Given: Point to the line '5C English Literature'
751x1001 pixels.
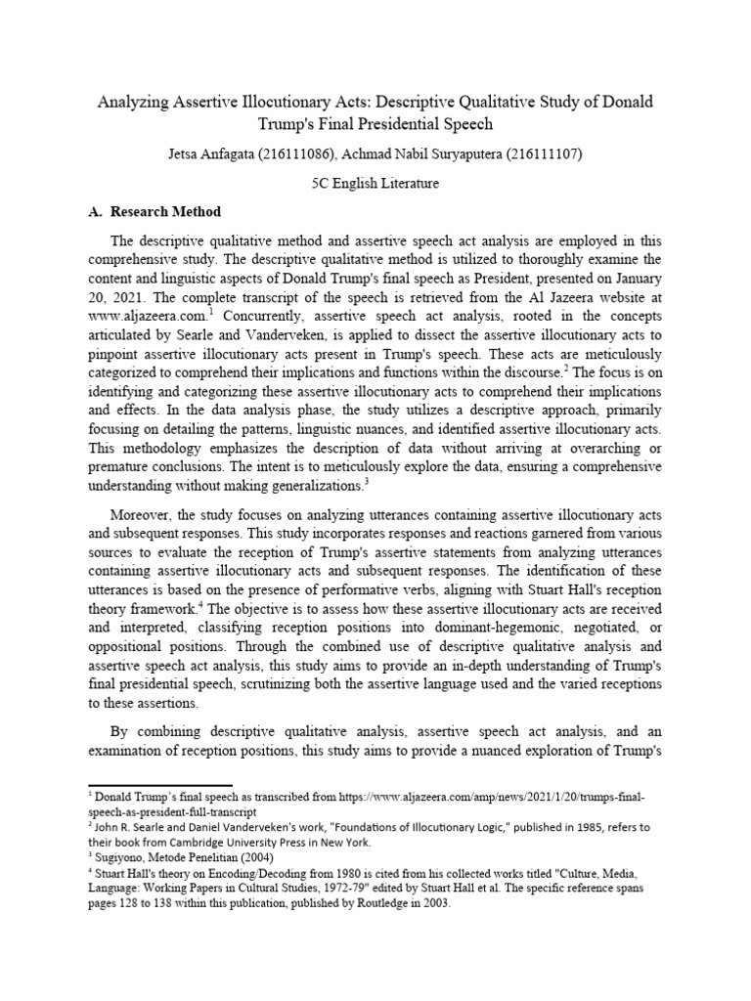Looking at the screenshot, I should click(x=375, y=183).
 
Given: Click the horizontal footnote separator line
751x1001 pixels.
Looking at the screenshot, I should click(x=160, y=785).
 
